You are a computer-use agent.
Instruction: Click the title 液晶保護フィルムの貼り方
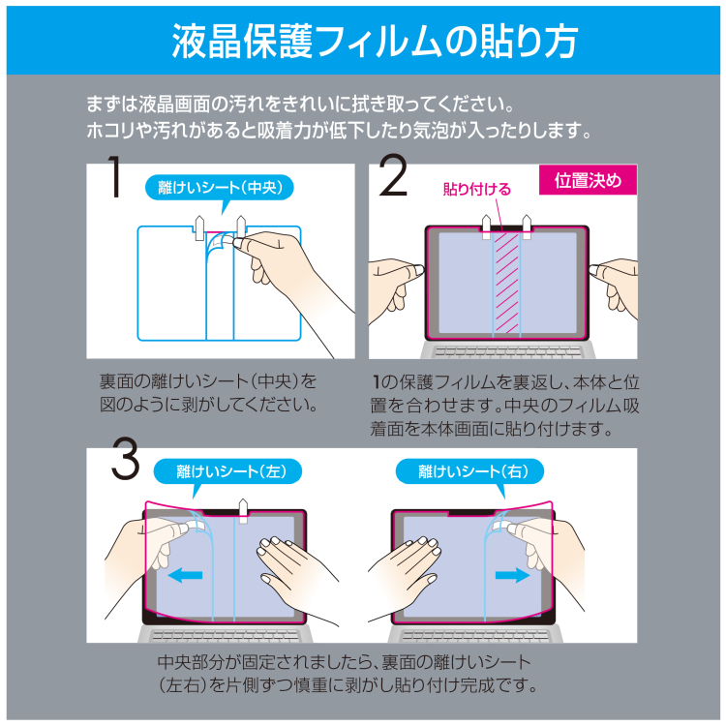pos(363,38)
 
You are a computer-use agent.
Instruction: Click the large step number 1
pos(114,180)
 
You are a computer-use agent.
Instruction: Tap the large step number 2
pos(394,180)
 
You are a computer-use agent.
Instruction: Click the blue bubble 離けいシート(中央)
pos(220,187)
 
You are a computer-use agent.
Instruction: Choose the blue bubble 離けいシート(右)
pos(469,471)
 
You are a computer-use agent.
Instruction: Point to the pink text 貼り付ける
pos(476,189)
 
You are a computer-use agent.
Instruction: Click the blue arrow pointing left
pos(186,575)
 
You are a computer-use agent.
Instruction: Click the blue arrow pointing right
pos(508,575)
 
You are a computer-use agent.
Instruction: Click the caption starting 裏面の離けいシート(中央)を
pos(208,392)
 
